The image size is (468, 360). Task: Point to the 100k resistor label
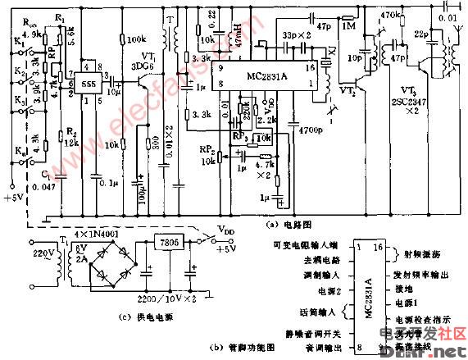tap(136, 39)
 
